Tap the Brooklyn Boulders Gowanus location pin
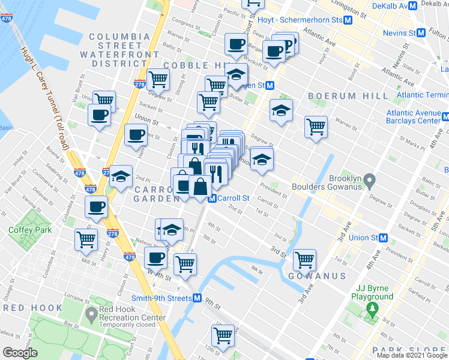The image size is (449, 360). [x=370, y=179]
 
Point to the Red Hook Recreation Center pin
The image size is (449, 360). [x=91, y=313]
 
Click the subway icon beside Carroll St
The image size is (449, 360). [x=211, y=199]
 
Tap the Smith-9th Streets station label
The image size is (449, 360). [x=161, y=298]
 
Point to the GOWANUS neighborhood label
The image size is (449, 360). [x=316, y=276]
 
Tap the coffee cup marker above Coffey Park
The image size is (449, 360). [x=96, y=208]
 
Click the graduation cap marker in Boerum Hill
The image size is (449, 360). [x=280, y=110]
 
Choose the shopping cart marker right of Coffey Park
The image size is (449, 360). [x=86, y=239]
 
